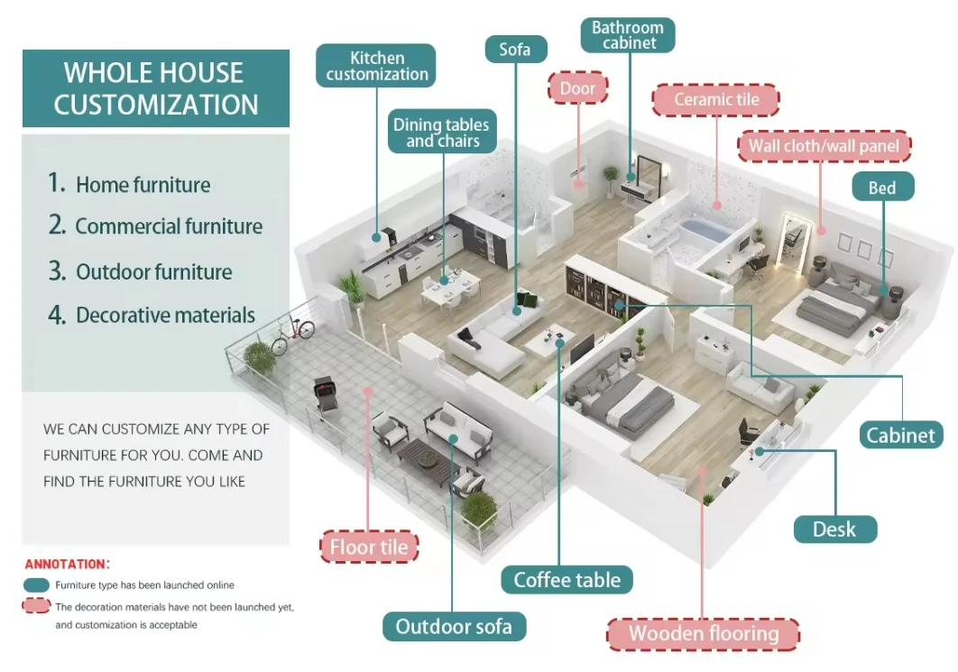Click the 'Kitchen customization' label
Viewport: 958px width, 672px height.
pos(376,66)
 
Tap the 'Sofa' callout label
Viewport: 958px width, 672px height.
pos(515,49)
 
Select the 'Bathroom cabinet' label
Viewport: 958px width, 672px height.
pos(628,34)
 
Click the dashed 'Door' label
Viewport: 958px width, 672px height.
pos(577,88)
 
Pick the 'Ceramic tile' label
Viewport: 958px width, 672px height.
pos(716,100)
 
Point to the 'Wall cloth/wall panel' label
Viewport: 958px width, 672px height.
pos(824,146)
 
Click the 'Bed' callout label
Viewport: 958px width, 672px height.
pos(881,188)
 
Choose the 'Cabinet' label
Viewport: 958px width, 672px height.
pos(900,435)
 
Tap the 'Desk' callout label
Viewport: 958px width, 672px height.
pos(834,529)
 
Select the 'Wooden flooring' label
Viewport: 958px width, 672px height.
pos(704,633)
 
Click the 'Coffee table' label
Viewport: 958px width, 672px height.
pos(567,579)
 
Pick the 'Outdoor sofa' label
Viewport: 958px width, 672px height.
pos(454,626)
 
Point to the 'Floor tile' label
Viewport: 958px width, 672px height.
pos(368,547)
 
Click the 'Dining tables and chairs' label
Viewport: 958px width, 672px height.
pos(441,133)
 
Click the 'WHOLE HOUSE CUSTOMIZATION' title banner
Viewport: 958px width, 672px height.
pos(155,88)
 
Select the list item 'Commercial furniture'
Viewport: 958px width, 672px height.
pos(168,226)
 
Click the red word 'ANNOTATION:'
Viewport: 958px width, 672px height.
pos(66,565)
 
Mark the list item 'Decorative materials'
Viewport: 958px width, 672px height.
pos(165,316)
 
